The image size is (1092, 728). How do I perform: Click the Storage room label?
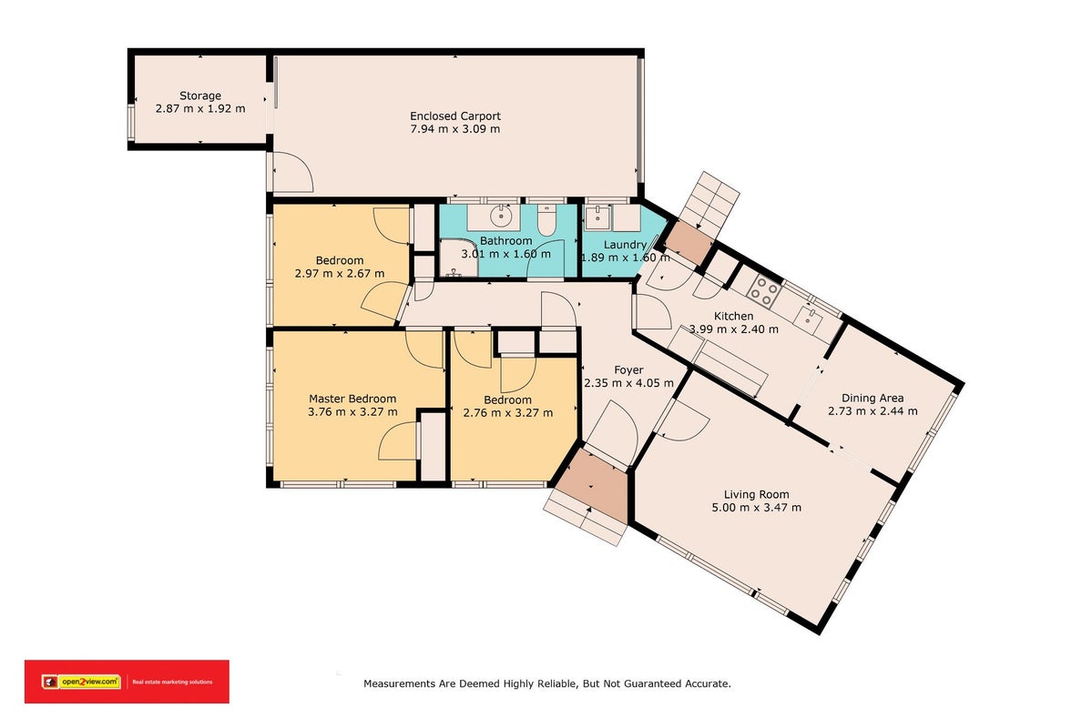200,96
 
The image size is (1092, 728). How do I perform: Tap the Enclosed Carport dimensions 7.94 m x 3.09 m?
455,128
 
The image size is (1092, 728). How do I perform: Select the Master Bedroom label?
352,399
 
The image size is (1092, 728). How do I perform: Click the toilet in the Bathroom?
547,220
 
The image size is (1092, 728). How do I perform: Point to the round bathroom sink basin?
501,217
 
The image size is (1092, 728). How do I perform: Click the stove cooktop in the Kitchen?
765,291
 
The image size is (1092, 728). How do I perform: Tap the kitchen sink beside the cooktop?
810,318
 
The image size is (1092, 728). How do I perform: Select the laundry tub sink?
597,217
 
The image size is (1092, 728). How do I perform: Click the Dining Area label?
873,398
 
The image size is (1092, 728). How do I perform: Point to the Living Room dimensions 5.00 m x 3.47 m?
756,508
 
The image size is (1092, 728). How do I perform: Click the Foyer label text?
628,370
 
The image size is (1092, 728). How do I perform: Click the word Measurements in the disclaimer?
400,684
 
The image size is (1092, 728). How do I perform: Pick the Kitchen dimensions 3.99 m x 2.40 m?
734,329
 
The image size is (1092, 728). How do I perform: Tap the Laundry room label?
625,244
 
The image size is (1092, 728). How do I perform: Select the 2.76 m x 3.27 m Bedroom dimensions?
507,413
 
